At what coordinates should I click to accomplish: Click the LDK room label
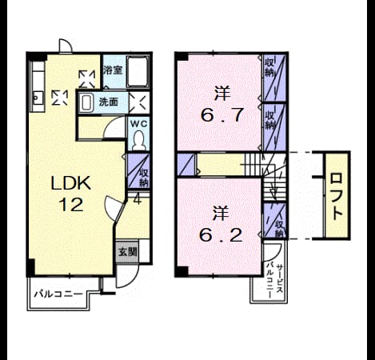pos(71,183)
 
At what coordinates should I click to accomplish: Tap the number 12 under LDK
pos(71,205)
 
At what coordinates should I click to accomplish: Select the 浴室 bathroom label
pos(113,70)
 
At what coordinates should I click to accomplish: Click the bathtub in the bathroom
pos(138,71)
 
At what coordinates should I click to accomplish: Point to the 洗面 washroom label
pos(109,102)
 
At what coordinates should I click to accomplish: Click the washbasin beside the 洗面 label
pos(86,103)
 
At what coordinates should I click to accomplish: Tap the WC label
pos(138,124)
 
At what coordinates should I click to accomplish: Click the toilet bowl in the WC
pos(139,141)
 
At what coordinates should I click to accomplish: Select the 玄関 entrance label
pos(128,252)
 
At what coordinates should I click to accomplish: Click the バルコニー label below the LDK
pos(58,294)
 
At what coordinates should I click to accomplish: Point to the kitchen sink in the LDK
pos(37,98)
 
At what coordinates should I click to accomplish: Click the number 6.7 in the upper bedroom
pos(222,115)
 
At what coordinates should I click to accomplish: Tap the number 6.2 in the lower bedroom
pos(221,235)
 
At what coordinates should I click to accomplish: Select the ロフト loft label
pos(337,197)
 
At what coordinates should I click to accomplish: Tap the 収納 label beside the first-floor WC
pos(144,178)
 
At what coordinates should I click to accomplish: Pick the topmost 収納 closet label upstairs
pos(269,67)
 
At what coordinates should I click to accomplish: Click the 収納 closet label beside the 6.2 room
pos(279,229)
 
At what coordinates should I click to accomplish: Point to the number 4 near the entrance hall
pos(137,199)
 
